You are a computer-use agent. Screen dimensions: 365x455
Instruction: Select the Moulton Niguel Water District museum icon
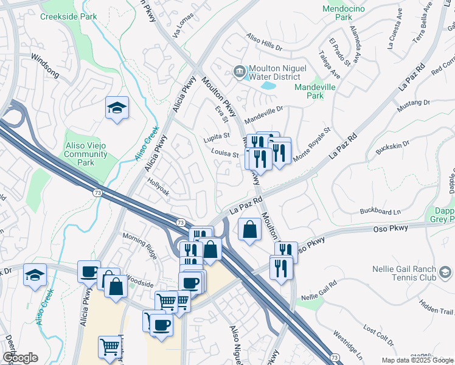(239, 72)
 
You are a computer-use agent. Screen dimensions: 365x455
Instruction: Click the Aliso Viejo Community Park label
(86, 154)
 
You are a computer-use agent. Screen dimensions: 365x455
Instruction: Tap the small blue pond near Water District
(268, 85)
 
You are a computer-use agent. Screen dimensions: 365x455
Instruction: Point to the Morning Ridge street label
(140, 245)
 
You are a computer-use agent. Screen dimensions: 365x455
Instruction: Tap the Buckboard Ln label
(380, 212)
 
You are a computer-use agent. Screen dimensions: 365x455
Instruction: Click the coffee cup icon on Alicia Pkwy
(89, 272)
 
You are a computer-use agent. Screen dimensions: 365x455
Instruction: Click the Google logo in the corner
(20, 358)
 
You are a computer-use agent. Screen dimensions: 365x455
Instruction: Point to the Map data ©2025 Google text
(417, 360)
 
